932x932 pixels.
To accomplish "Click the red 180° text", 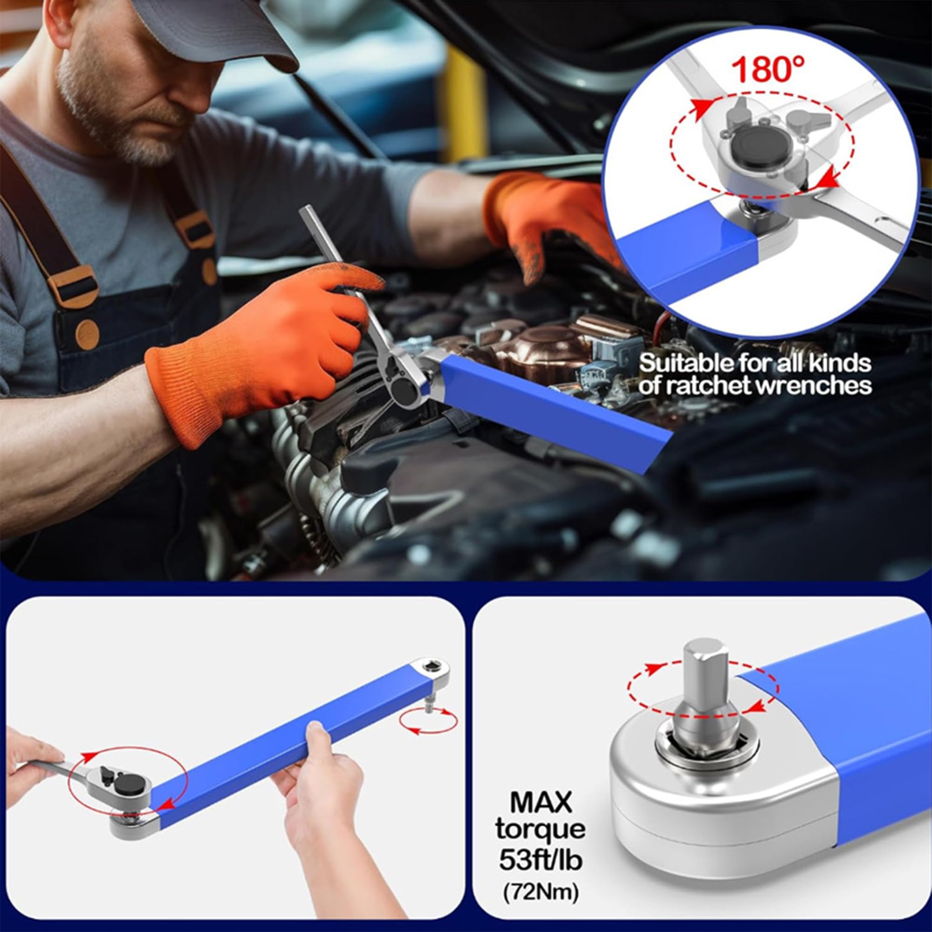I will click(768, 70).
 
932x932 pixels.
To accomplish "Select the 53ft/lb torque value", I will click(541, 860).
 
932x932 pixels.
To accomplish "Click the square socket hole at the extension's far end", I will click(430, 668).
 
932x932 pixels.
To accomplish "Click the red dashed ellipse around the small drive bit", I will click(428, 722).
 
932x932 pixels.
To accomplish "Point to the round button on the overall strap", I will click(87, 334).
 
